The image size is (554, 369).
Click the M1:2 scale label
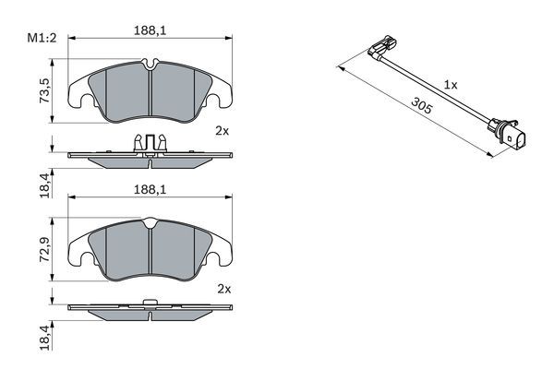point(41,39)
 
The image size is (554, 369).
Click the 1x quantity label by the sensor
point(451,84)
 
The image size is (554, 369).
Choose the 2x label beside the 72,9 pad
point(222,289)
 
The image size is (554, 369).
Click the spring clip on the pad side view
point(150,143)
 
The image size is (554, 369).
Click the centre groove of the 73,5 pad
point(150,92)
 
